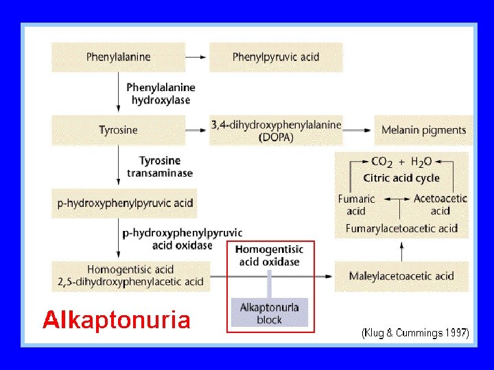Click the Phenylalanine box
point(118,57)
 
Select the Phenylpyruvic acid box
point(276,57)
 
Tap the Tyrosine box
point(118,129)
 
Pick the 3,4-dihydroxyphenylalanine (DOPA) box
point(276,130)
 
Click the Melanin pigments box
point(423,129)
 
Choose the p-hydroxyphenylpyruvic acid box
point(124,203)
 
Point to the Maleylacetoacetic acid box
point(401,276)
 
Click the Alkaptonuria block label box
point(270,313)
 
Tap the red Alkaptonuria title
point(116,320)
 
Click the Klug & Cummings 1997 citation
point(415,333)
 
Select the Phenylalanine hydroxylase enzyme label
point(161,94)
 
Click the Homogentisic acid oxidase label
point(270,256)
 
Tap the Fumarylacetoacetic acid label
point(401,228)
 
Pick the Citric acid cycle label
point(401,178)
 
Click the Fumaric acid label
point(356,204)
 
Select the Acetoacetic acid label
point(440,204)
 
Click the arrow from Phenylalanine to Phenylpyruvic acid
point(197,57)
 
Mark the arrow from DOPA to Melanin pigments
point(358,130)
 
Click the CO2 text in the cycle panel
point(381,162)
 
